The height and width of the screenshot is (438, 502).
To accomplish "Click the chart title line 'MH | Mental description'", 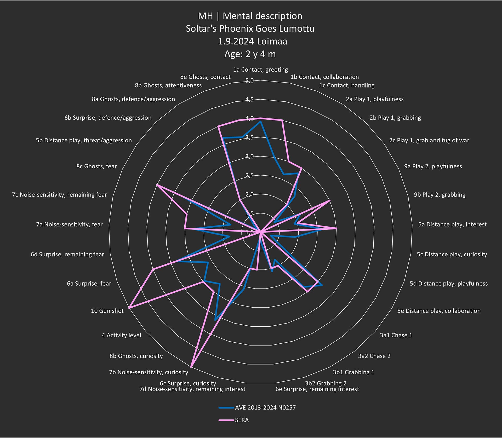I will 250,16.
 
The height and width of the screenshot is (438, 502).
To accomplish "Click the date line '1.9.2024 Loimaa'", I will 253,41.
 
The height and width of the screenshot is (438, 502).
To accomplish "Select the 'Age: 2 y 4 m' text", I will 250,54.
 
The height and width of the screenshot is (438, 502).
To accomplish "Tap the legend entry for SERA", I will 242,420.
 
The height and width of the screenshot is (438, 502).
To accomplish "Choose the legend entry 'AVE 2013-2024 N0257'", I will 265,407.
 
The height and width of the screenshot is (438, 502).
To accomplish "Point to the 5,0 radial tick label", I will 249,80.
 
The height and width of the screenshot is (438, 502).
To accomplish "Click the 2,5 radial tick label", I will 249,175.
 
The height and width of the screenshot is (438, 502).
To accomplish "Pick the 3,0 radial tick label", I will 249,156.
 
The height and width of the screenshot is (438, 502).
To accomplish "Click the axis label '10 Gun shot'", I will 107,311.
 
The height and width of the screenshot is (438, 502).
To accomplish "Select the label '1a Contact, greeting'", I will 260,70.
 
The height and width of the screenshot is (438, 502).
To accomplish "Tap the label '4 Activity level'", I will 121,335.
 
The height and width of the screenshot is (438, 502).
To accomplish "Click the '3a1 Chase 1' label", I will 396,335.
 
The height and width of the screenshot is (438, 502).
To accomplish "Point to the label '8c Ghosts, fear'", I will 96,166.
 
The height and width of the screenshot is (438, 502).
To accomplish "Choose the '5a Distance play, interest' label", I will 452,224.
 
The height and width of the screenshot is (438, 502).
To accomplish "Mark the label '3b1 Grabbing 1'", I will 353,372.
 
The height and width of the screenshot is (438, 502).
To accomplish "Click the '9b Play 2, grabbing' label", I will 440,194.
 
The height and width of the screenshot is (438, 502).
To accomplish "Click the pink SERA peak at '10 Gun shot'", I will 129,308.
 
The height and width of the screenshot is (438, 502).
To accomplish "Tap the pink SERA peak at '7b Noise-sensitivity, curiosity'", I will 191,366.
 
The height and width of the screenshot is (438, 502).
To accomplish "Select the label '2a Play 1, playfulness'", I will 375,99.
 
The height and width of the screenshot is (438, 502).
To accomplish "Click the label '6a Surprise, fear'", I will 89,283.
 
